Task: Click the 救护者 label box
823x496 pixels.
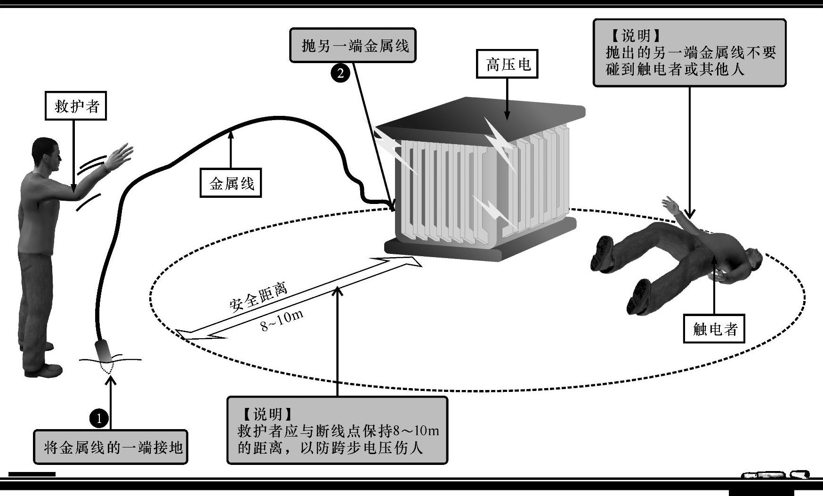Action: [76, 106]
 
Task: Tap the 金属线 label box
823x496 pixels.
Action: [231, 183]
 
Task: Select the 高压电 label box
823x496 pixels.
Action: [507, 64]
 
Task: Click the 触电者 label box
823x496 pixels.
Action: [714, 328]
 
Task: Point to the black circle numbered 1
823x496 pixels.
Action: [99, 418]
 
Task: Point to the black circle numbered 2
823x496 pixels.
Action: [340, 73]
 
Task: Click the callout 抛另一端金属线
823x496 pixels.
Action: [353, 45]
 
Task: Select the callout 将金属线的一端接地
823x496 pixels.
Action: [111, 447]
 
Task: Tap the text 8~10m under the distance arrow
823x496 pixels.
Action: [282, 320]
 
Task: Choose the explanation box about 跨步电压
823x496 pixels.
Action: [337, 430]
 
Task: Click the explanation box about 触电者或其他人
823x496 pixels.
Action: [689, 53]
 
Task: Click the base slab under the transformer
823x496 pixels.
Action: [480, 247]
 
